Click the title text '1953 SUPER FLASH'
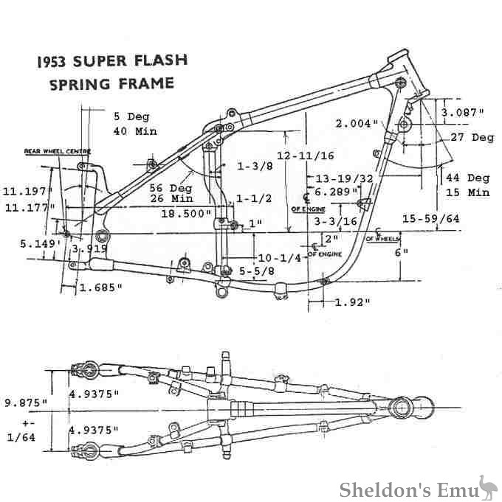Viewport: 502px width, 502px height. pos(111,61)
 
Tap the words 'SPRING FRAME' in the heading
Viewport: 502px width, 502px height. pos(111,83)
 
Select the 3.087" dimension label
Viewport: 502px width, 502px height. pos(462,113)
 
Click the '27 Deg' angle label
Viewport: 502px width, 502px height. pos(472,137)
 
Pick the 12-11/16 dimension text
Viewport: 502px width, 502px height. pos(306,156)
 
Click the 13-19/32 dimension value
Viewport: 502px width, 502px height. pos(343,178)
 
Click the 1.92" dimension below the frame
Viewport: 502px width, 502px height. pos(352,302)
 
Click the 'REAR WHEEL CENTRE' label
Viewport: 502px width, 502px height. pos(57,151)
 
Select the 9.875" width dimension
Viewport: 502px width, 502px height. pos(25,403)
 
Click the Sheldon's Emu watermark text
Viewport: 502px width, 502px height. pos(406,489)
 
